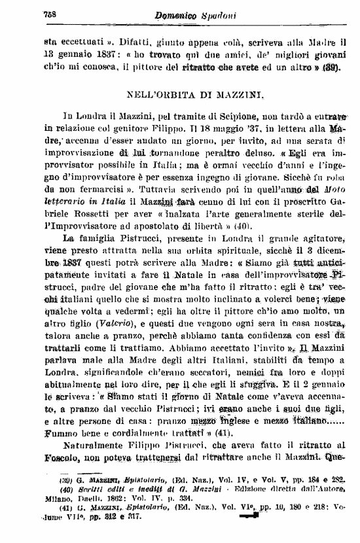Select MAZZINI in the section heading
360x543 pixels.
pyautogui.click(x=241, y=96)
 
